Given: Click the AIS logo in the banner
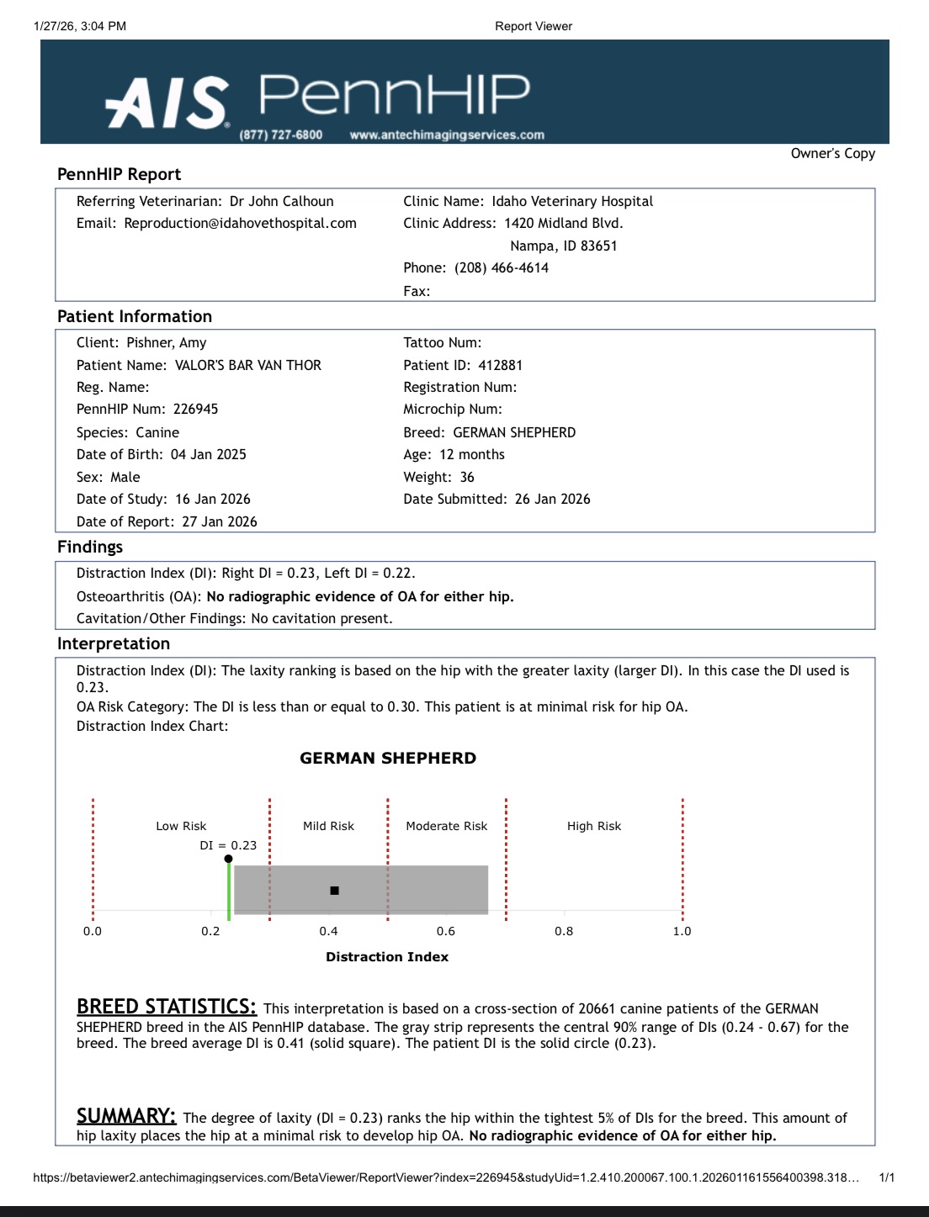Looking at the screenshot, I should [x=167, y=103].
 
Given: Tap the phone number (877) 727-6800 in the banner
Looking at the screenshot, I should [x=280, y=135].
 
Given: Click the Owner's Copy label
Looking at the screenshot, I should [x=832, y=153].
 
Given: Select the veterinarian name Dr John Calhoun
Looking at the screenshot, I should [x=281, y=201].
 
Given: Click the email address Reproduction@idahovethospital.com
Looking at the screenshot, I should [x=240, y=223].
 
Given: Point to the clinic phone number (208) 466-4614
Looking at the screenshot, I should [x=502, y=267].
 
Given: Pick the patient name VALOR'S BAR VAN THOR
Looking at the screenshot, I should [x=247, y=365].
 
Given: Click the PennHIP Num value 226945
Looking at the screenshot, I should [x=195, y=409].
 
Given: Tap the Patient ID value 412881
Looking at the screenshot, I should [x=500, y=365].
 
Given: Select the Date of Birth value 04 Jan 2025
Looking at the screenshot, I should [x=208, y=454].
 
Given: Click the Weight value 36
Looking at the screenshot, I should [x=467, y=477].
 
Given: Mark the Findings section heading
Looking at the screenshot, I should [x=90, y=547].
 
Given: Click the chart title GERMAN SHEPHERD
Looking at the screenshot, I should [x=388, y=758].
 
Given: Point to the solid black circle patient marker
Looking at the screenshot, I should [x=229, y=859].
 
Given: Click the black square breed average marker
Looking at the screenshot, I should [x=335, y=890].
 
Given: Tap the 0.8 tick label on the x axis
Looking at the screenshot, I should [x=564, y=931].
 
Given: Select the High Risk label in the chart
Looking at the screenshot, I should [x=594, y=826].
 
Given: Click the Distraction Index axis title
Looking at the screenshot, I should [x=387, y=956].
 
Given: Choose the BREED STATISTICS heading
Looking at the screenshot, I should [x=167, y=1007].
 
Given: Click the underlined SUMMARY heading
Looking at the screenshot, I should [x=126, y=1115].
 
